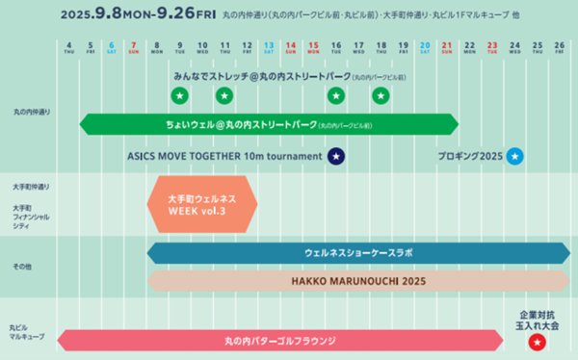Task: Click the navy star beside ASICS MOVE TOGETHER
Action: [x=335, y=156]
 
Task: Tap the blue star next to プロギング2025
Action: [x=515, y=156]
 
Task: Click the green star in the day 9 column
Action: [x=179, y=95]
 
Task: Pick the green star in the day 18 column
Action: [x=381, y=95]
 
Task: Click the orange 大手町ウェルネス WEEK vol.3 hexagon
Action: [x=202, y=204]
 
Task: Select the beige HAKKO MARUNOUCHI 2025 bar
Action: [x=358, y=281]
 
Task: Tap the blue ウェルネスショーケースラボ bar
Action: [x=358, y=252]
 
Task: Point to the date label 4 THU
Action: [x=68, y=48]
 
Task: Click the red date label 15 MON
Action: [x=313, y=48]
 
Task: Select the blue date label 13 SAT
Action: [x=269, y=48]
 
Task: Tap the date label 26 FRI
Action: [x=559, y=48]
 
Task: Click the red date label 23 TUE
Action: [x=492, y=48]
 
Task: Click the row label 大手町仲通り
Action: [x=31, y=185]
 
